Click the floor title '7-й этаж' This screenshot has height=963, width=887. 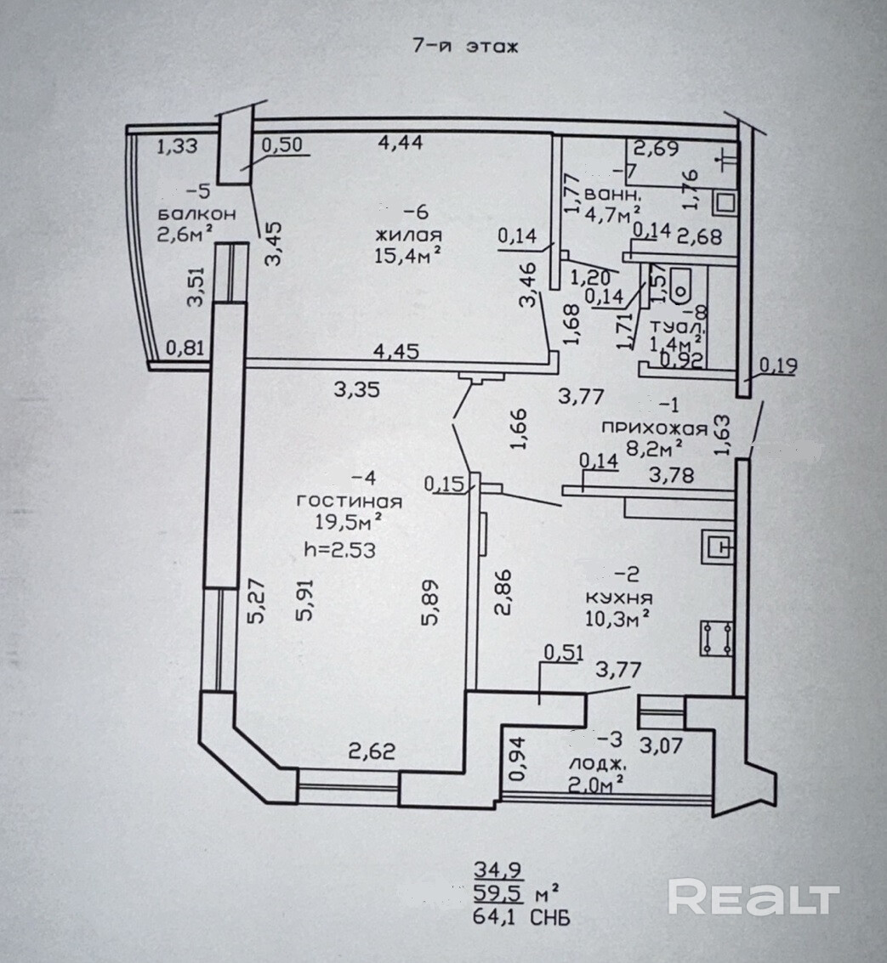464,48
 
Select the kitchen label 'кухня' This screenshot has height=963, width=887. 618,597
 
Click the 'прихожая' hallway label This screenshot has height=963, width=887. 643,426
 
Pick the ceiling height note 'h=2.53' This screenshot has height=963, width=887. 340,550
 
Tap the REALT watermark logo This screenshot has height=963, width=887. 753,898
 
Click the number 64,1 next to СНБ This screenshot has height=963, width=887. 500,918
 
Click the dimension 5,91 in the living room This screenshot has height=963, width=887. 304,602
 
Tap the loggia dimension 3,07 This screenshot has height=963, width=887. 662,747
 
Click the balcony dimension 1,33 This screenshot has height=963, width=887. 178,146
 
